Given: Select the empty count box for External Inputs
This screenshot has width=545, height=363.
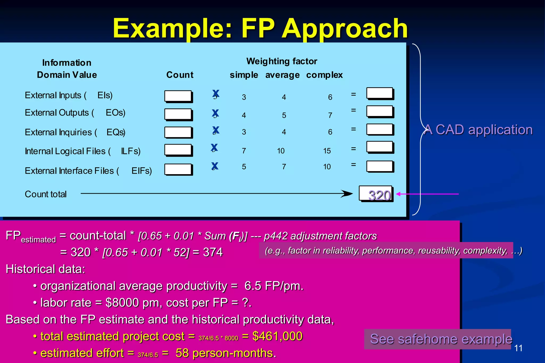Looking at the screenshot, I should tap(178, 96).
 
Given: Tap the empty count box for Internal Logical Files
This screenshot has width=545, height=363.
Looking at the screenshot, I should tap(178, 150).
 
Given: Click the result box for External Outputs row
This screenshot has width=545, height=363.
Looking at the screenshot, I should tap(380, 111).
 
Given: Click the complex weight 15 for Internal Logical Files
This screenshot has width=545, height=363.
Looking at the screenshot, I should tap(327, 151).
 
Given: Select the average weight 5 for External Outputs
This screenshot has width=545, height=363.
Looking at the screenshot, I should tap(284, 115).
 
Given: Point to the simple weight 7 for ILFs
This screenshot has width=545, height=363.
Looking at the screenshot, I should tap(244, 151).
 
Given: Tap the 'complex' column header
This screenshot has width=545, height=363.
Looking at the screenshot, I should tap(324, 75).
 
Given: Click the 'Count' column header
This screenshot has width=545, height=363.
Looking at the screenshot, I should tap(180, 75).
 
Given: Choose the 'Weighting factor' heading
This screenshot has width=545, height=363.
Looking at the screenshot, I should tap(282, 61).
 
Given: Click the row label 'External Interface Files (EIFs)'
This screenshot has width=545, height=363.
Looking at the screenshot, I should tap(88, 171).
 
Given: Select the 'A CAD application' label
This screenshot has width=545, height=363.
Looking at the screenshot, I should tap(478, 130).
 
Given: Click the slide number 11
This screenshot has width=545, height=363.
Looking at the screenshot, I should tap(518, 348).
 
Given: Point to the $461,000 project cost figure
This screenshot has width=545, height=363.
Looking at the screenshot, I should tap(277, 336).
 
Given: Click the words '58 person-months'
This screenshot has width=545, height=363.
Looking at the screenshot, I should tap(225, 353).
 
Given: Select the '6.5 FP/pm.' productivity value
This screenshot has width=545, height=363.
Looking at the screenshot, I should tap(274, 286).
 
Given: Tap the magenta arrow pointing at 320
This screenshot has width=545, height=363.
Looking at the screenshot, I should tap(427, 194).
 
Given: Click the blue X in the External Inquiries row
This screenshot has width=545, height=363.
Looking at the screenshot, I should tap(216, 130).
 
